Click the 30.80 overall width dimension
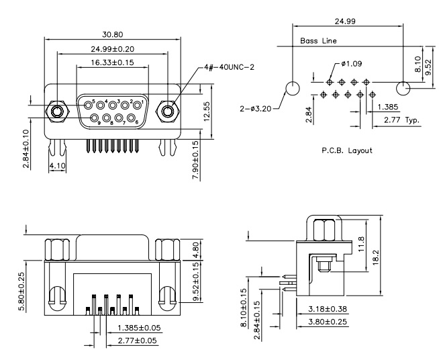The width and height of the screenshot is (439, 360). (113, 34)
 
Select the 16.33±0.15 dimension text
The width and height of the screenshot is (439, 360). (112, 62)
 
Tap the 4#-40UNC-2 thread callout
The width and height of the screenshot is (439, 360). (230, 67)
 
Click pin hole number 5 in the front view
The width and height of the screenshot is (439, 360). (89, 105)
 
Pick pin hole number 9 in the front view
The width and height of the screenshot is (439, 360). (95, 118)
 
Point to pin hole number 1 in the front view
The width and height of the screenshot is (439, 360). (137, 105)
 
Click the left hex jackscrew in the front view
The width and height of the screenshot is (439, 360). (57, 111)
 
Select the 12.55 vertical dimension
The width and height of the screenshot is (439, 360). (207, 111)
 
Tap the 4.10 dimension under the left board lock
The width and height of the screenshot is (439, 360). (57, 166)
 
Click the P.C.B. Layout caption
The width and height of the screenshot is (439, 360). (347, 150)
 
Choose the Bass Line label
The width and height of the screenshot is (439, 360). (318, 41)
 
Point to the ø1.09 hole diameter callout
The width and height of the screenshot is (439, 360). (351, 64)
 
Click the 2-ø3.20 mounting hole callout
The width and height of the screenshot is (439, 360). (256, 108)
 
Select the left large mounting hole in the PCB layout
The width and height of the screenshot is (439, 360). (292, 88)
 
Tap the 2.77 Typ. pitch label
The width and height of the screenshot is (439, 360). (402, 120)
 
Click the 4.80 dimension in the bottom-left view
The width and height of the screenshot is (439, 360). (196, 250)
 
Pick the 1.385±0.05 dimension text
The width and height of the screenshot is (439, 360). (139, 328)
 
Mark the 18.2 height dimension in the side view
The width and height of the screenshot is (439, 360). (375, 257)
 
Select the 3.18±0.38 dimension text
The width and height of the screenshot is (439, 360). (328, 309)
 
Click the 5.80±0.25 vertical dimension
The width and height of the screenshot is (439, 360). (21, 292)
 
